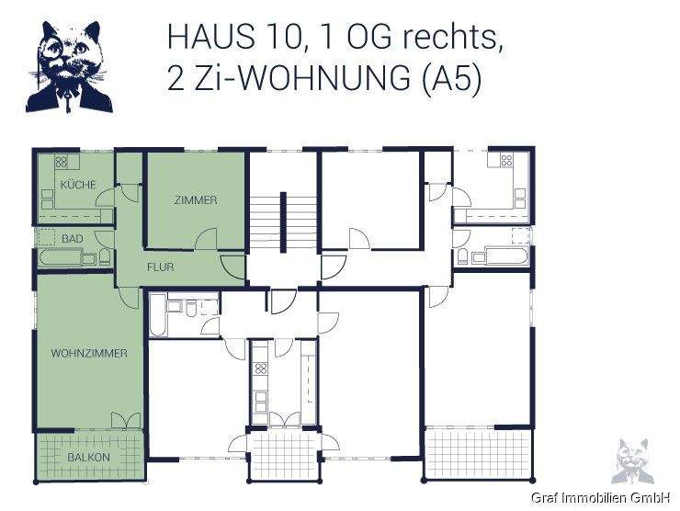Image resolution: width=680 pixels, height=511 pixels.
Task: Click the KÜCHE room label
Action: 78,185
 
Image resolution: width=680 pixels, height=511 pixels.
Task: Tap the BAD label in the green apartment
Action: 73,239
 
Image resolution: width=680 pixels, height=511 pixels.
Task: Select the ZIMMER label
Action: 195,200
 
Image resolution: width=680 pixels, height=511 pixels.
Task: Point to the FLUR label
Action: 161,267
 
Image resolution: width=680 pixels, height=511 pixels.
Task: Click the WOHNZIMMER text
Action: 89,353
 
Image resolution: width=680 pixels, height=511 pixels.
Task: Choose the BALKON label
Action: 88,457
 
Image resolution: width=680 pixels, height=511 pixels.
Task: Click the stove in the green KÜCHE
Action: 62,163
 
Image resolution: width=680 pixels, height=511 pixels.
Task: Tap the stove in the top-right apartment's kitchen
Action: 504,162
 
